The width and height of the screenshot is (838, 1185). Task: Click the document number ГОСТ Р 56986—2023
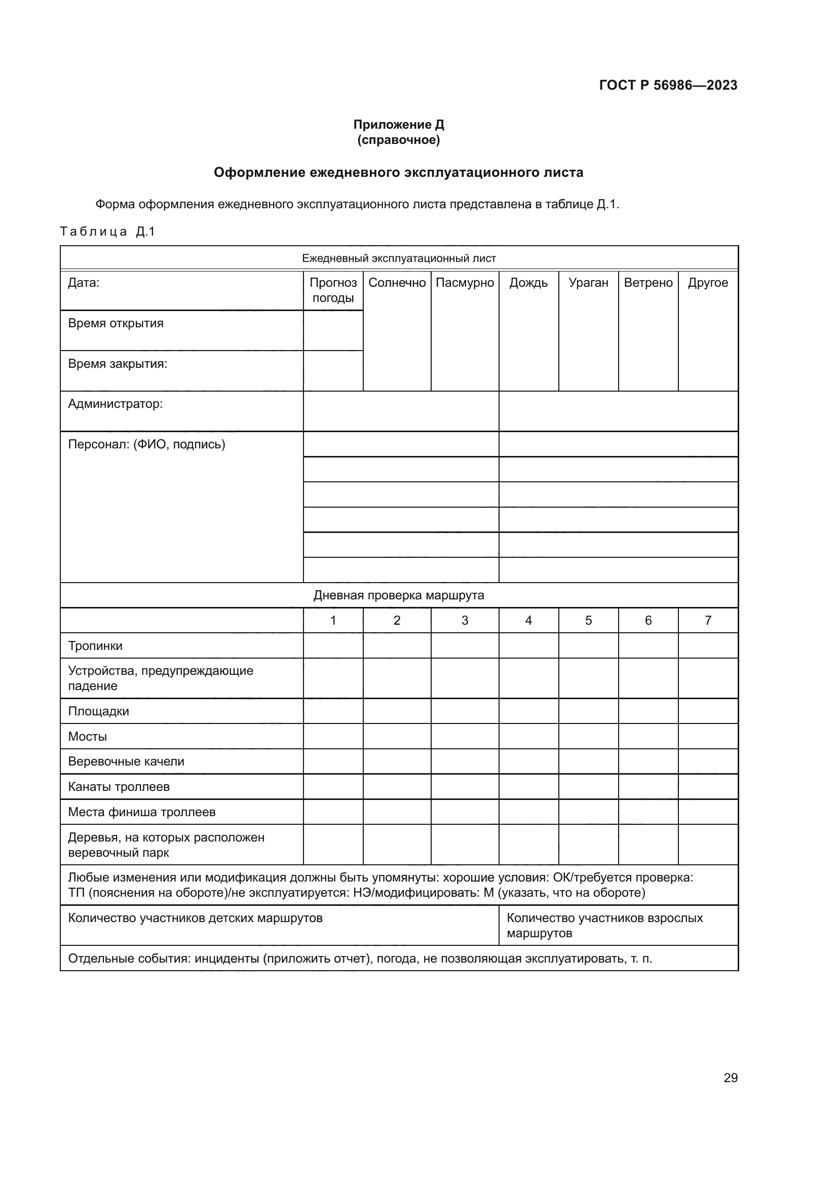[668, 85]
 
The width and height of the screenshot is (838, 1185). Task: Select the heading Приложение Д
[398, 125]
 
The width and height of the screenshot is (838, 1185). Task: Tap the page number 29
[730, 1078]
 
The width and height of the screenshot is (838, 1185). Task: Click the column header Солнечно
[397, 283]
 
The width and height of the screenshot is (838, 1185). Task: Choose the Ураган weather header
[588, 283]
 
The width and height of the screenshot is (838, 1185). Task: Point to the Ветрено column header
[648, 283]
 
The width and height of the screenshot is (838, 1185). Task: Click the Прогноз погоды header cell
[333, 290]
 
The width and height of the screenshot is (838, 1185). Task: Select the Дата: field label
[84, 283]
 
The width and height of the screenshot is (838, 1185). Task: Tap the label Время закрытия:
[118, 364]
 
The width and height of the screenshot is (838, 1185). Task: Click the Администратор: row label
[115, 404]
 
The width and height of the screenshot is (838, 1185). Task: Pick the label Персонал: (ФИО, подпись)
[146, 444]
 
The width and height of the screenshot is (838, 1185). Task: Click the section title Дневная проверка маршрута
[398, 595]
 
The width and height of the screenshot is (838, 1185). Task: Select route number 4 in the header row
[528, 621]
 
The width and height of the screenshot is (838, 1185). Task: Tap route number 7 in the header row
[708, 621]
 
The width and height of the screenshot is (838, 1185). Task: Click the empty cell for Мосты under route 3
[465, 737]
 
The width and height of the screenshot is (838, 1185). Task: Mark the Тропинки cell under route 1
[333, 645]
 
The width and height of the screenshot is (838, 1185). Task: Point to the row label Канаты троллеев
[119, 787]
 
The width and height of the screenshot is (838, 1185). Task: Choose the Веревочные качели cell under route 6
[648, 762]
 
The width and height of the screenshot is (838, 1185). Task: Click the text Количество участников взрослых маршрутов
[604, 926]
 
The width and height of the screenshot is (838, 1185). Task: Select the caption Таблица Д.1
[107, 232]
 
